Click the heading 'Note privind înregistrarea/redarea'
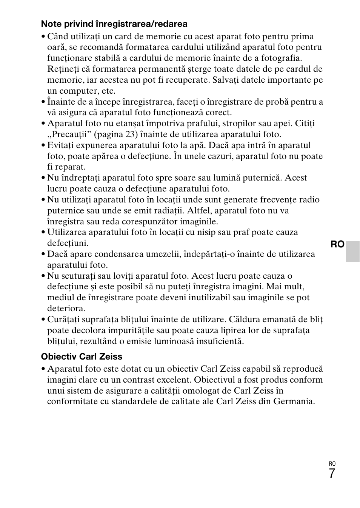click(x=114, y=24)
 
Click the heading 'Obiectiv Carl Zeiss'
click(x=82, y=357)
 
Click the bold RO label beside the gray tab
click(x=337, y=244)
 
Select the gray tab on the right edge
click(x=353, y=251)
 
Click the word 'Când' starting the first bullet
click(x=58, y=37)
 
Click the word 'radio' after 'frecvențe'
click(x=309, y=200)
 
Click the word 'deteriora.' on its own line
click(x=66, y=309)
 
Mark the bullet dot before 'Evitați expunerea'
click(x=43, y=146)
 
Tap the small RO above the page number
click(x=332, y=464)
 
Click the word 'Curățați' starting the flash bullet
click(x=64, y=320)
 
